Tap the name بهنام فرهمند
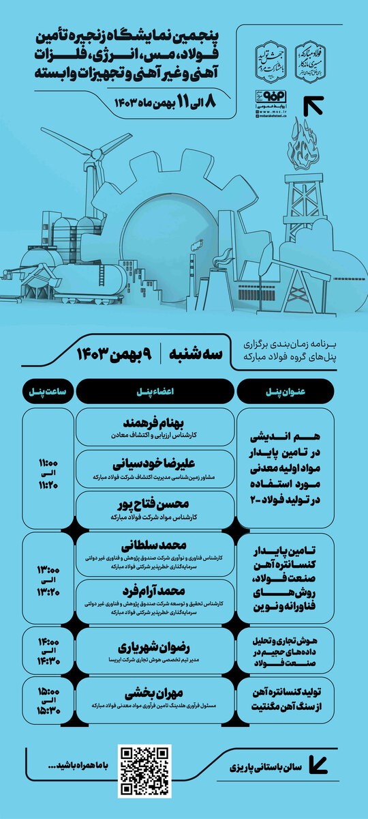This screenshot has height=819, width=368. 156,420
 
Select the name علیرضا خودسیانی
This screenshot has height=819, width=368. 156,462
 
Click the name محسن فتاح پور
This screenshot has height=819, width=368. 156,504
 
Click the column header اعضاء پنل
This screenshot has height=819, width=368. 156,391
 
